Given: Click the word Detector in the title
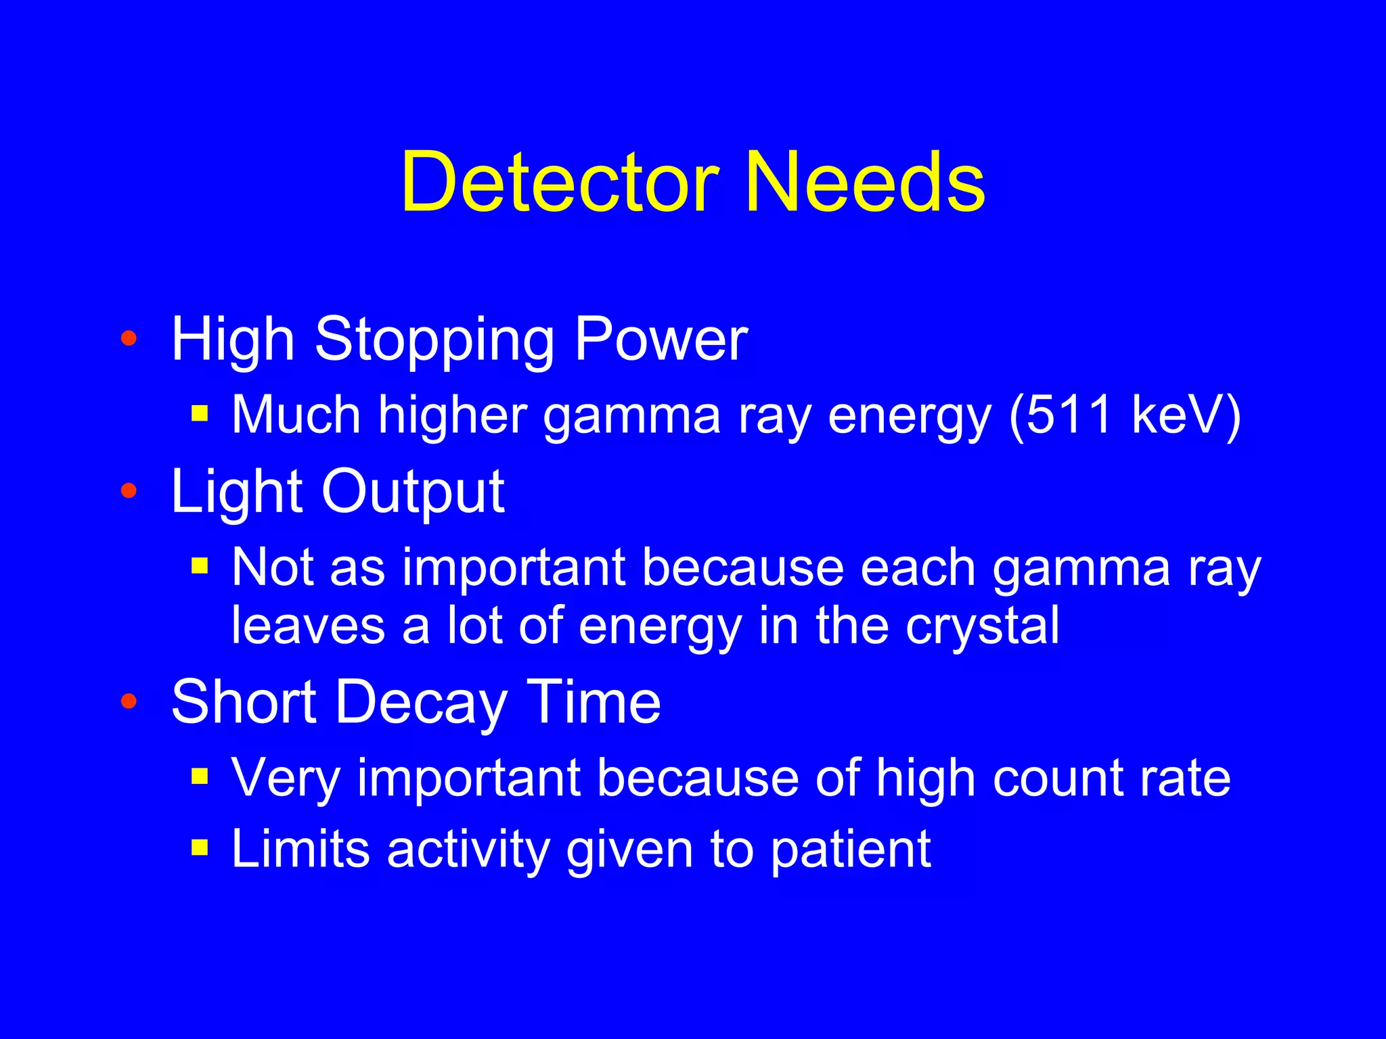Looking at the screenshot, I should [560, 183].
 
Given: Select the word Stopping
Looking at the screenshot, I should [434, 340].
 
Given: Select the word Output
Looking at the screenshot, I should [413, 492].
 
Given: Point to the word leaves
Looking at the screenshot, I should [308, 626].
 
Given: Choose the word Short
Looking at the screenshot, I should [244, 702].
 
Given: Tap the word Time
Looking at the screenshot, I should [593, 702].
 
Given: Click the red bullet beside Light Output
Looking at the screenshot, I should [129, 491].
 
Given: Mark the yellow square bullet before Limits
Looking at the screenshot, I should [199, 847].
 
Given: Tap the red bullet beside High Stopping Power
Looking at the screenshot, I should [129, 338].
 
